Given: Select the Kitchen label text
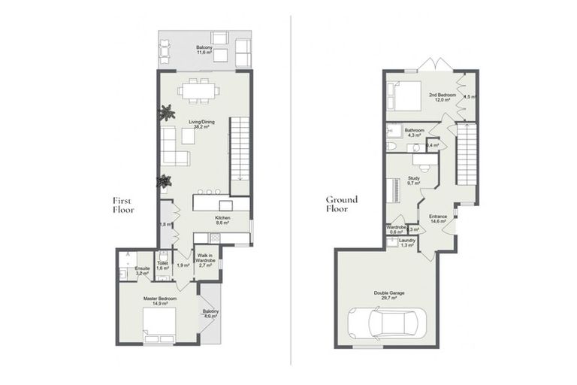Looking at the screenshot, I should click(x=222, y=220).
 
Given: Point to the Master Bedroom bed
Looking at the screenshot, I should click(x=160, y=324).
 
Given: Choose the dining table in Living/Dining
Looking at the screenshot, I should click(x=199, y=89).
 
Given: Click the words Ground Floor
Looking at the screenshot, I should click(x=342, y=205).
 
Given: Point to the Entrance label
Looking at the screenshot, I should click(x=438, y=219).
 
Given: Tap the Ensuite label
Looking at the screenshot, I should click(x=143, y=271).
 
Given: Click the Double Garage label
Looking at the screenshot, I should click(x=389, y=295).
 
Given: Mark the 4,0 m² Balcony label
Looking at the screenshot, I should click(x=210, y=314).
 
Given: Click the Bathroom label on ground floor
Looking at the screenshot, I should click(x=415, y=132).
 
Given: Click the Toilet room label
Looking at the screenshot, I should click(x=163, y=266).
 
